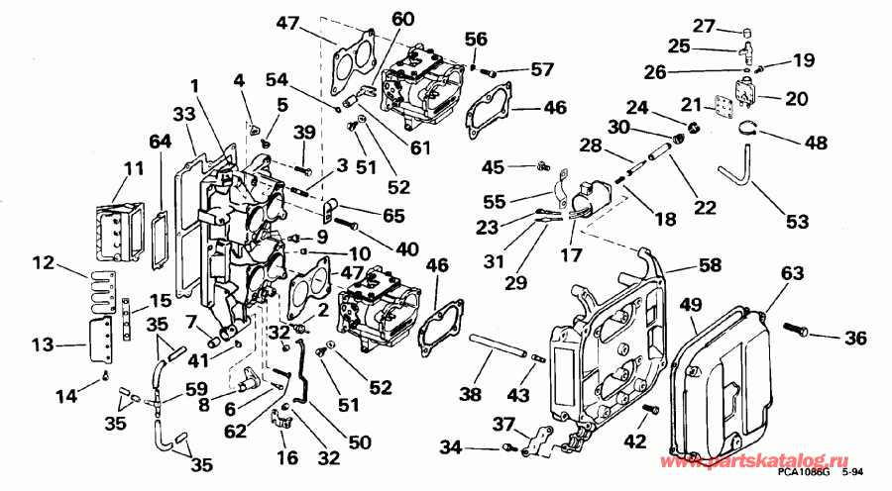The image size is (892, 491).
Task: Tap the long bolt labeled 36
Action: [798, 327]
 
